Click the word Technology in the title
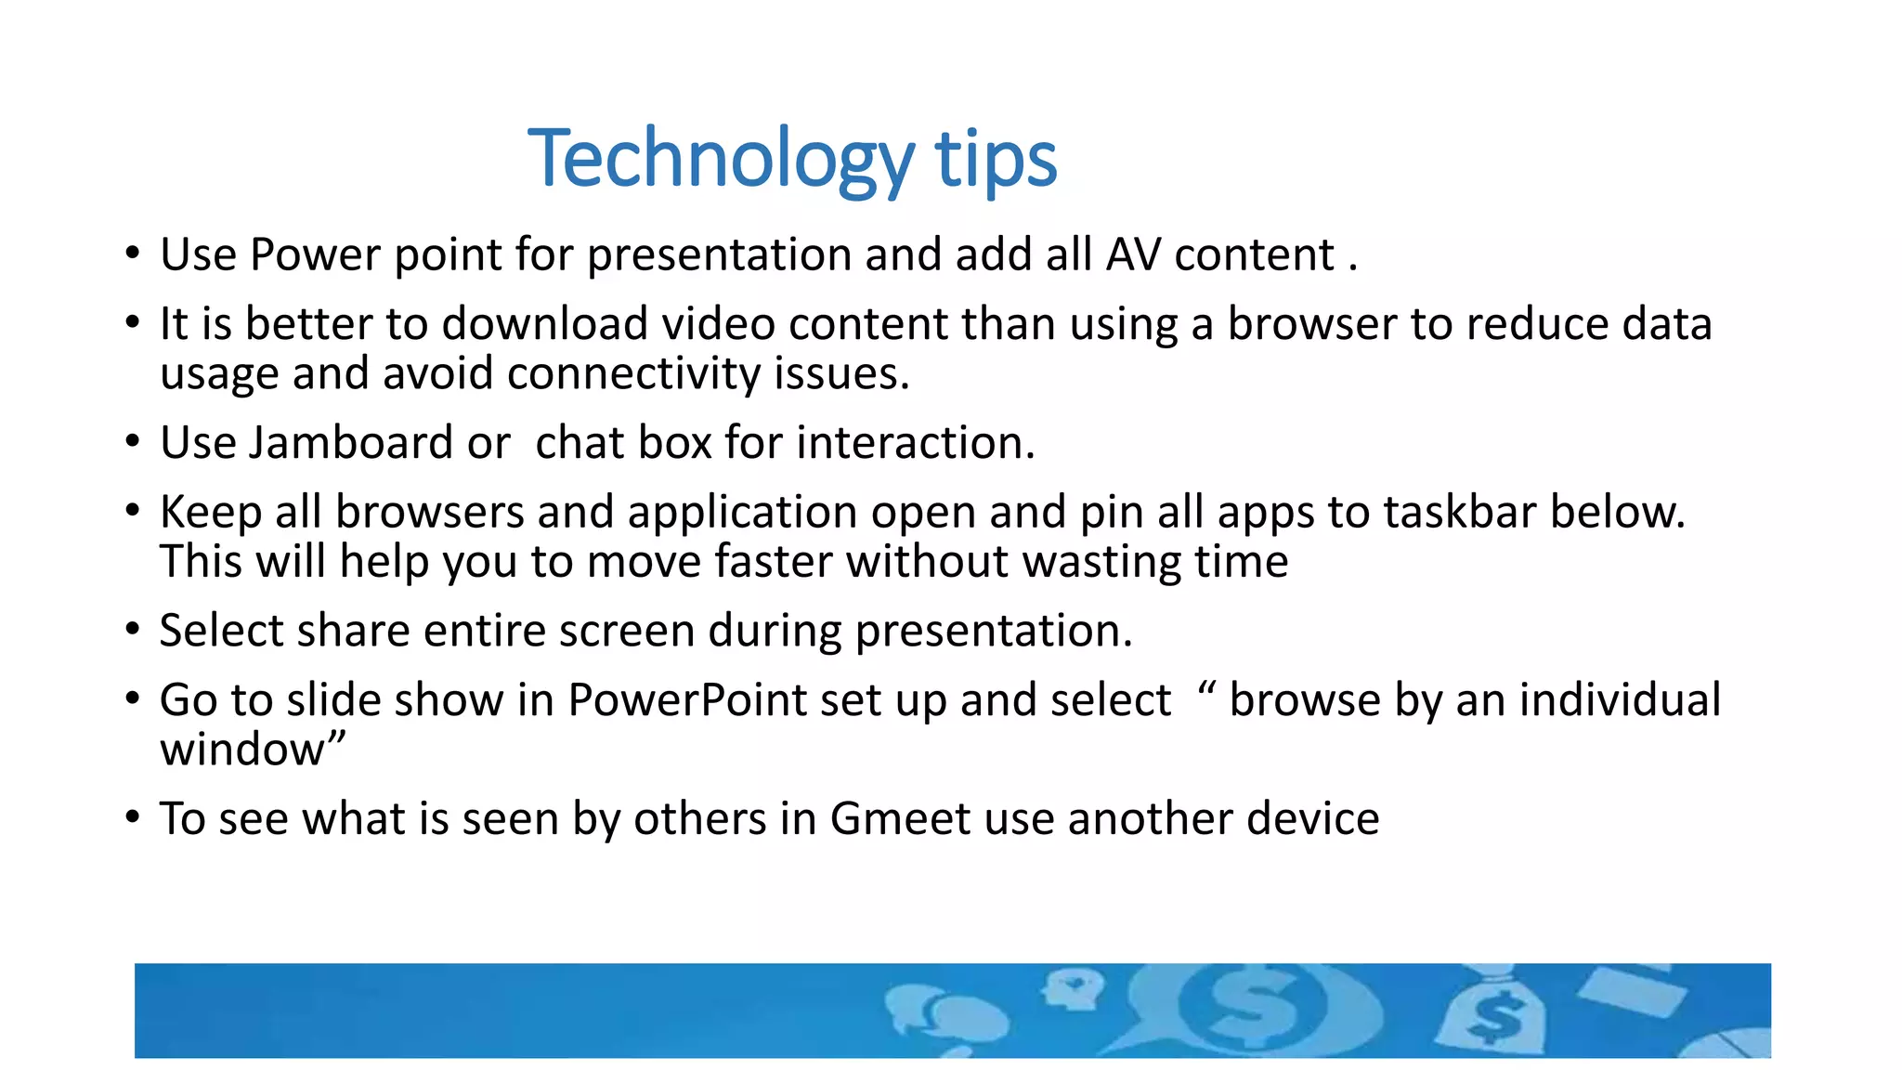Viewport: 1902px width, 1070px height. tap(721, 159)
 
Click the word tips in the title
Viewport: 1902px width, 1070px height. tap(996, 159)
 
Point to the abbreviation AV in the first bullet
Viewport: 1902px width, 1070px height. tap(1132, 254)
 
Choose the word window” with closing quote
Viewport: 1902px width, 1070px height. tap(253, 749)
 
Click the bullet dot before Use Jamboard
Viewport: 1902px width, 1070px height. tap(133, 442)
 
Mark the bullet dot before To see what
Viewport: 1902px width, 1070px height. tap(133, 818)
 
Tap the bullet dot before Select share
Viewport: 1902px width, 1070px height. tap(133, 631)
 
